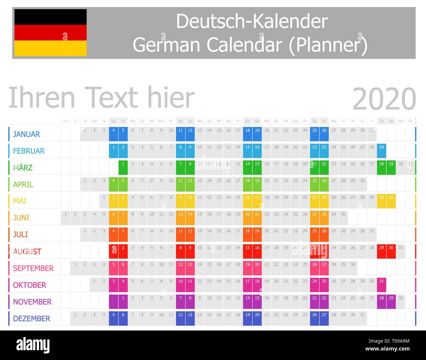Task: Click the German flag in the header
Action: (x=50, y=32)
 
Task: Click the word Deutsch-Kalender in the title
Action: (x=252, y=21)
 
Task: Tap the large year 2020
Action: (x=384, y=99)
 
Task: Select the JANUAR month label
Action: (x=26, y=134)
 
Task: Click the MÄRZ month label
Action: (x=23, y=168)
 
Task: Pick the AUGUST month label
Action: (x=27, y=251)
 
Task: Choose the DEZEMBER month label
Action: (x=31, y=318)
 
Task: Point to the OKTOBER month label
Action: (x=29, y=285)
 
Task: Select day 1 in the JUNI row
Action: (x=66, y=217)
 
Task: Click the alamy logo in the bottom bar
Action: (x=33, y=345)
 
